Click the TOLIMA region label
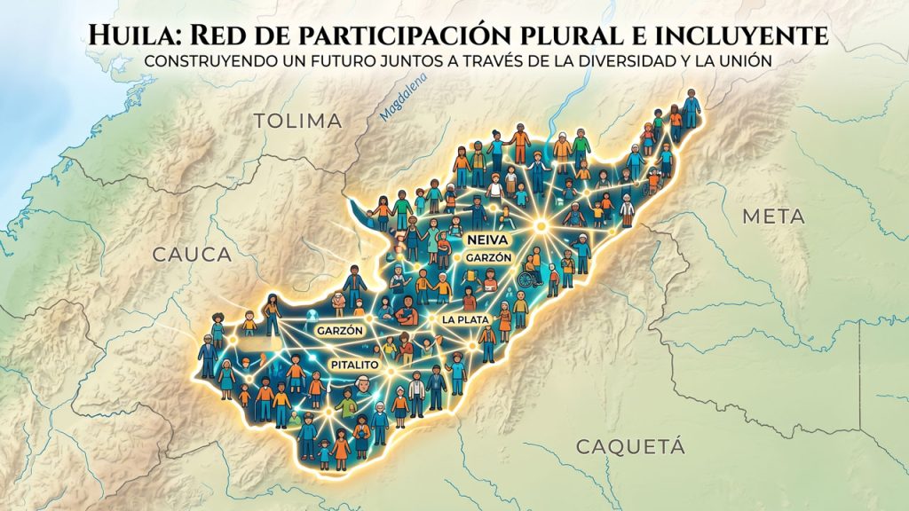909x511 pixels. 297,121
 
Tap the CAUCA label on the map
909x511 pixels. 193,255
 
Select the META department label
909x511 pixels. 773,216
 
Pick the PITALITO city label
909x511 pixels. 354,365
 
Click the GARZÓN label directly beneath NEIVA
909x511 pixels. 487,257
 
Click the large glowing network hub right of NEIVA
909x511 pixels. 538,226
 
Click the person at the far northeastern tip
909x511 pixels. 691,107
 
